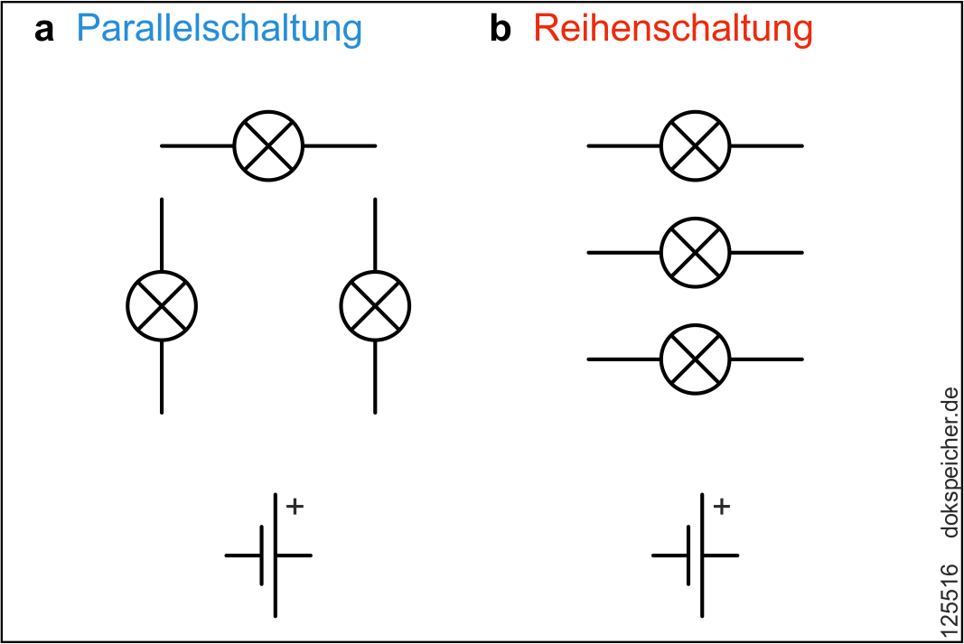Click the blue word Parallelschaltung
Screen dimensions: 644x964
219,30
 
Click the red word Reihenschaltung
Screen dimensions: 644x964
673,30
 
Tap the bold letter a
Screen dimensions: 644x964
44,32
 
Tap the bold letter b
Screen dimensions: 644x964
500,30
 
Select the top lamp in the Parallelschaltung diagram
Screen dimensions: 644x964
268,145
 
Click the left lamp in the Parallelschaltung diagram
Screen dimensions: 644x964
162,306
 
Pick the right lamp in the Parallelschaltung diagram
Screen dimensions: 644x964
375,306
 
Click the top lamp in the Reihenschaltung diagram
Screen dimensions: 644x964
695,145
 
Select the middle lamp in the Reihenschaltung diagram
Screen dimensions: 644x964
695,253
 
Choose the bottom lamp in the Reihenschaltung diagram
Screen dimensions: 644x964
695,359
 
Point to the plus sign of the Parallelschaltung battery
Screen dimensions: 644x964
295,507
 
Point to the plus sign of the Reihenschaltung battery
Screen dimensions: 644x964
721,507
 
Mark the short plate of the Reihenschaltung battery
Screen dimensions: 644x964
688,555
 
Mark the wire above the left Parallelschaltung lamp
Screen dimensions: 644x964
162,234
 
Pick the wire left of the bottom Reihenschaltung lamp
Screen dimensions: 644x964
623,359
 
